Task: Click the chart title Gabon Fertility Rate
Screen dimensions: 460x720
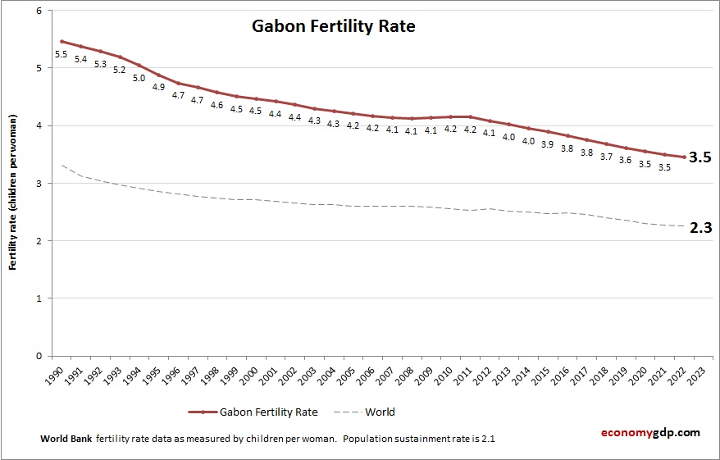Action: point(332,27)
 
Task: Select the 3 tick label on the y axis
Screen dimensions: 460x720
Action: point(39,184)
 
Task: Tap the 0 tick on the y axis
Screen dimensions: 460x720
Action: point(39,356)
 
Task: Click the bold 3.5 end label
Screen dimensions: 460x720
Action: point(699,157)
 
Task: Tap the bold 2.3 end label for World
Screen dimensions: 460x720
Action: point(699,229)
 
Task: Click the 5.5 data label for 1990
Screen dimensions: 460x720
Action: point(61,55)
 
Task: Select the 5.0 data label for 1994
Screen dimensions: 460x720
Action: point(139,79)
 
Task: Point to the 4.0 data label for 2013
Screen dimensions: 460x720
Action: point(508,138)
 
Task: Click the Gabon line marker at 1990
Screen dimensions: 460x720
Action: point(62,41)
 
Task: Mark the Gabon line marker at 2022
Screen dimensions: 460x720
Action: point(684,157)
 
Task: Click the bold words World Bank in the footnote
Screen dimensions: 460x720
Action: point(66,439)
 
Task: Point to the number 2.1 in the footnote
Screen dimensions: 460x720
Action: point(485,439)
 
